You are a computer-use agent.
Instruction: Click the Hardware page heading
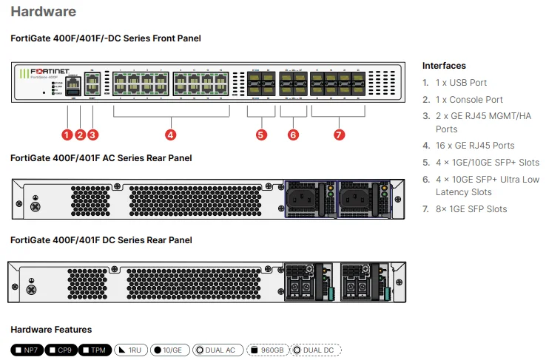pyautogui.click(x=43, y=12)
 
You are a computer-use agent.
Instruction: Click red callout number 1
pyautogui.click(x=67, y=135)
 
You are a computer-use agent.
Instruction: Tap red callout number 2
pyautogui.click(x=80, y=135)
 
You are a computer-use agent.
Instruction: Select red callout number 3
pyautogui.click(x=92, y=135)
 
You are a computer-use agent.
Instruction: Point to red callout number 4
pyautogui.click(x=170, y=135)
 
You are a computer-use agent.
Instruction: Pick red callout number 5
pyautogui.click(x=260, y=135)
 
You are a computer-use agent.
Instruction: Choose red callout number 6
pyautogui.click(x=293, y=135)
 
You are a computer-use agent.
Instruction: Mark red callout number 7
pyautogui.click(x=339, y=135)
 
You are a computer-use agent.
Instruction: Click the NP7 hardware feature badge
pyautogui.click(x=27, y=350)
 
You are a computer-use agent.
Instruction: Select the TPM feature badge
pyautogui.click(x=94, y=350)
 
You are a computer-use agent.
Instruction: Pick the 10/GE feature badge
pyautogui.click(x=168, y=350)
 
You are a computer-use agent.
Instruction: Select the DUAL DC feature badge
pyautogui.click(x=317, y=350)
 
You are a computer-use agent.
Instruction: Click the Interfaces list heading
pyautogui.click(x=444, y=66)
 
